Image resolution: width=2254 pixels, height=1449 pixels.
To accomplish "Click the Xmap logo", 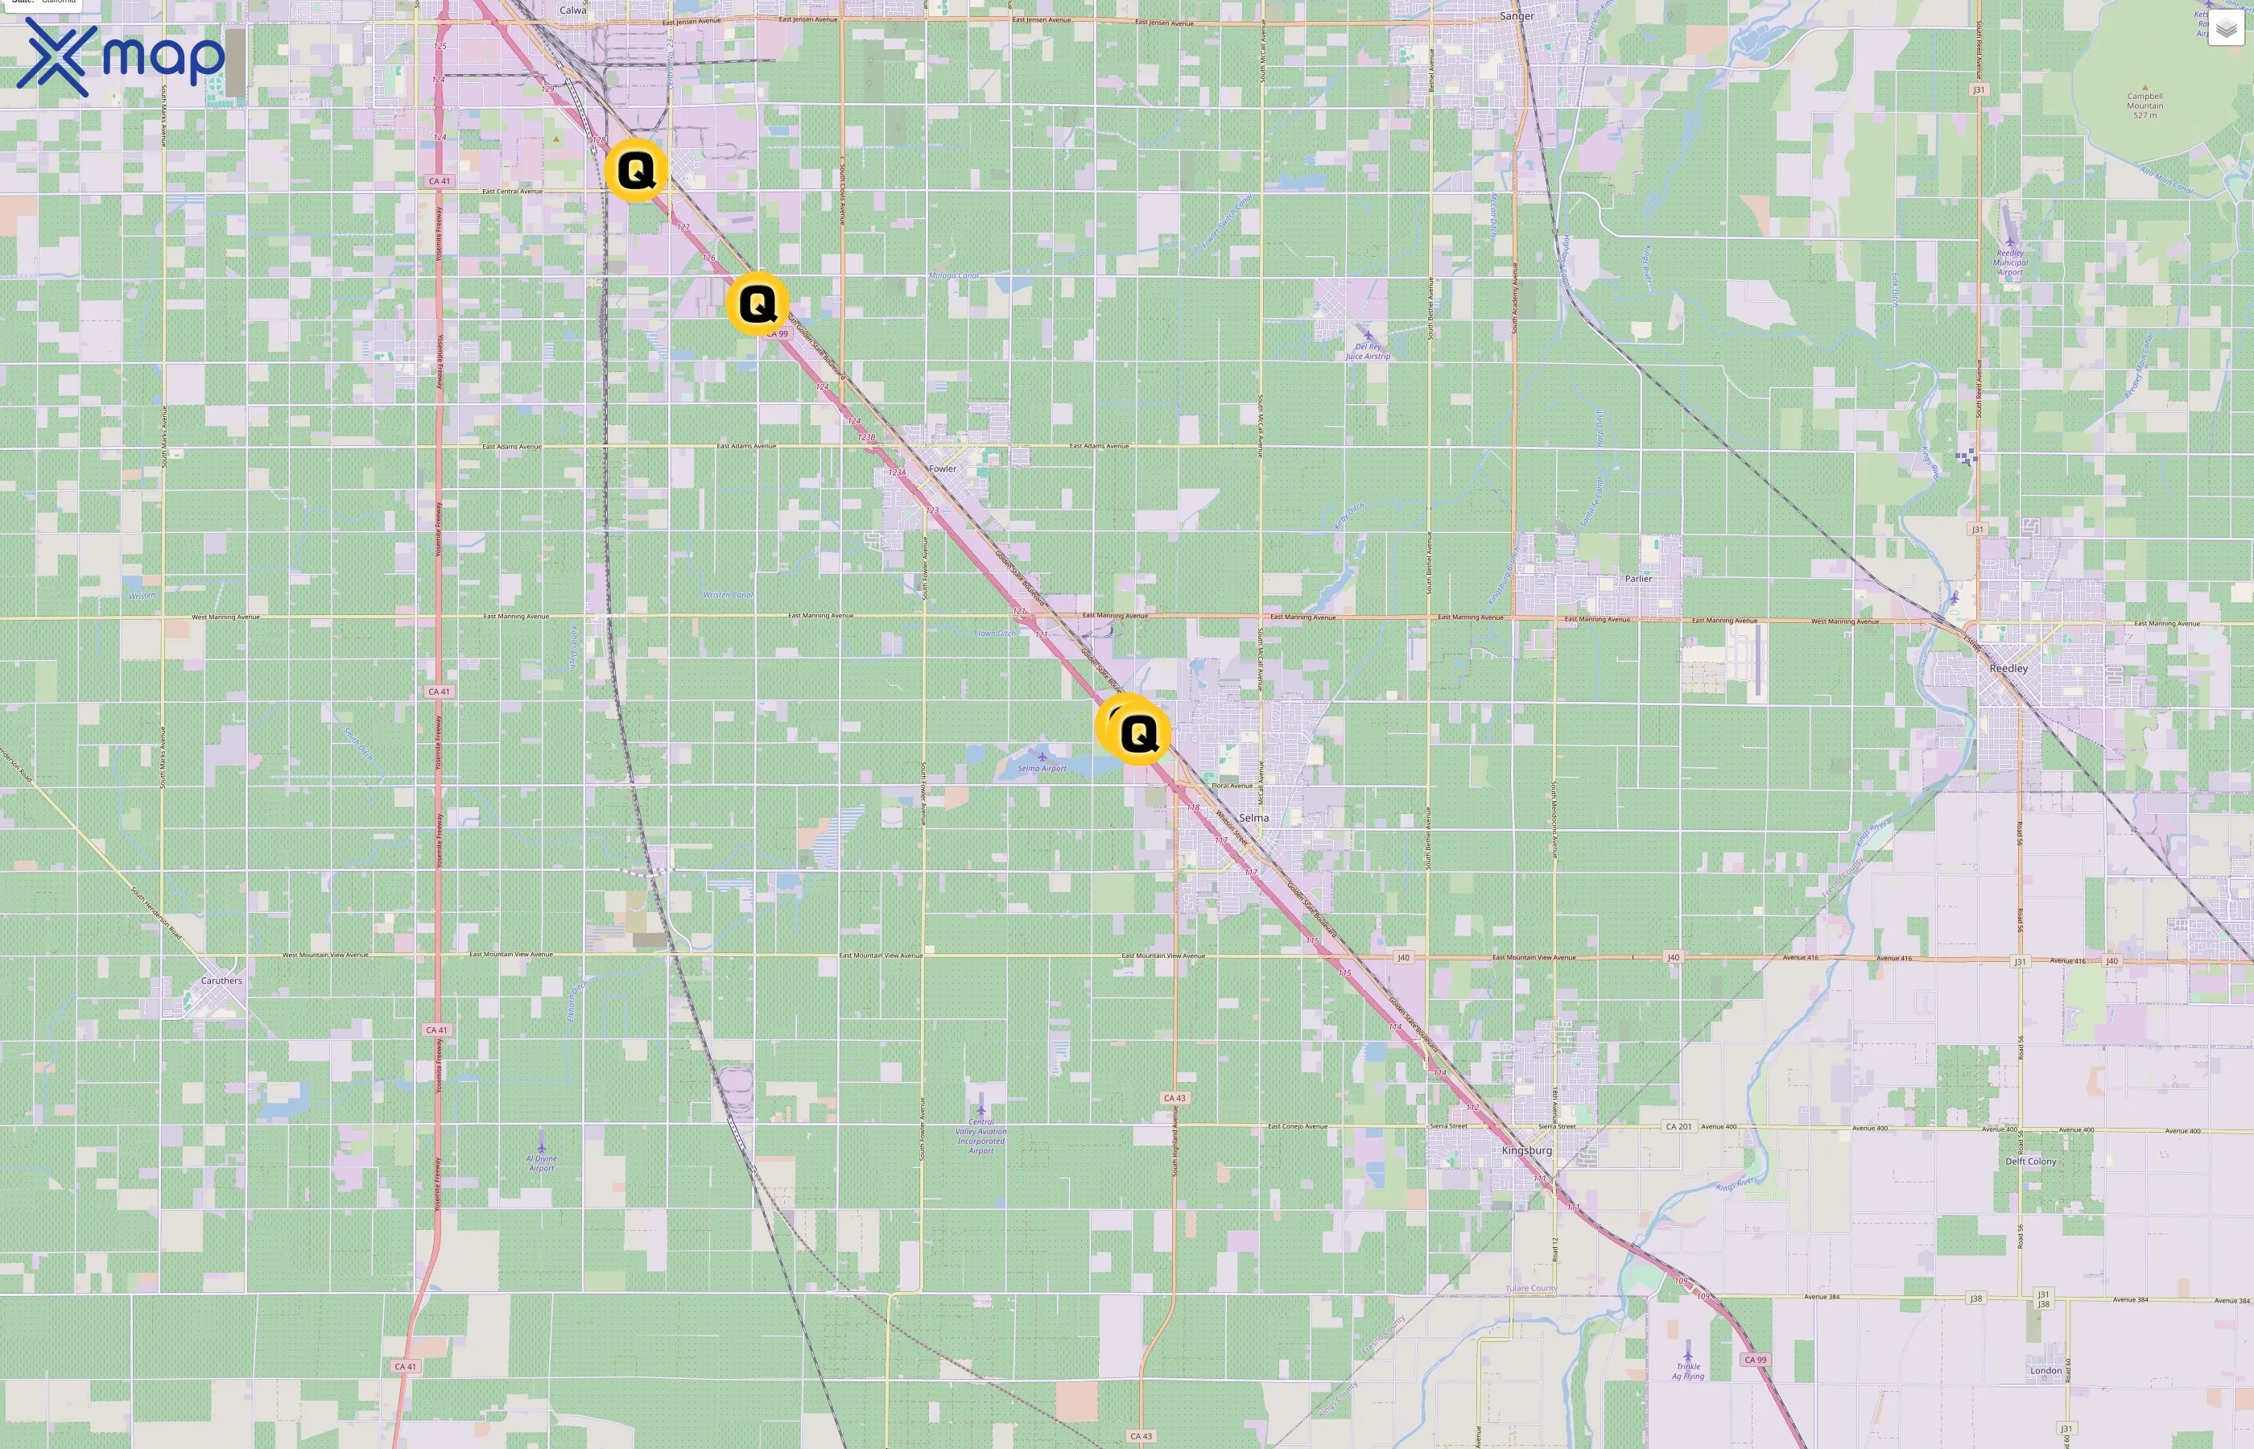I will (121, 57).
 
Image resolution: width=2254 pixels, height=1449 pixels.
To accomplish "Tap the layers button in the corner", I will (2226, 29).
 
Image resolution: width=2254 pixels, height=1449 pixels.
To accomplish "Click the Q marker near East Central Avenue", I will (637, 171).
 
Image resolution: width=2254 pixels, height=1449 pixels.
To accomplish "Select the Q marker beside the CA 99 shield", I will (758, 304).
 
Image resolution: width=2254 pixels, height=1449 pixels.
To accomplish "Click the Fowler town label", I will (942, 469).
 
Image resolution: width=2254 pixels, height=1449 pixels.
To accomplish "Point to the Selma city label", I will (1253, 818).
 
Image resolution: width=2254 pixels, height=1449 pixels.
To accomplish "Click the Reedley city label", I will (2008, 668).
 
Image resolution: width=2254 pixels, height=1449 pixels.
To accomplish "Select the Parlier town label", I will (1638, 579).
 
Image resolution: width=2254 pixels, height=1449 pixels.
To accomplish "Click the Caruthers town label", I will (221, 980).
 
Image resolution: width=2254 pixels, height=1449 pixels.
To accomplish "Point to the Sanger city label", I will (1517, 16).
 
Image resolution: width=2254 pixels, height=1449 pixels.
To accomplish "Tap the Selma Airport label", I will (1042, 768).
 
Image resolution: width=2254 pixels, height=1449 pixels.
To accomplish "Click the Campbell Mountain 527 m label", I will (2145, 105).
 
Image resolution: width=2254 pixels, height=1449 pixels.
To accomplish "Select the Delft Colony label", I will (2030, 1161).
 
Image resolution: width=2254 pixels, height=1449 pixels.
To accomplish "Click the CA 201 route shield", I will (1678, 1126).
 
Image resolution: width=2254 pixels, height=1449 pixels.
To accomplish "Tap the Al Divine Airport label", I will (541, 1163).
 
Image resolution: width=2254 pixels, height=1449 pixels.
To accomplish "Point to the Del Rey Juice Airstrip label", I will (1367, 351).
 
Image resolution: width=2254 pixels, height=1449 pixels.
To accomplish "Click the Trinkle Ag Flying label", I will (1687, 1371).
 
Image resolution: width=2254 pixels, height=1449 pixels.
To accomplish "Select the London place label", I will (2046, 1371).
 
